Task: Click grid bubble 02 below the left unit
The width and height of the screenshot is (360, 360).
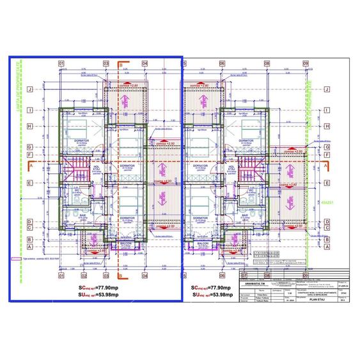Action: (x=84, y=276)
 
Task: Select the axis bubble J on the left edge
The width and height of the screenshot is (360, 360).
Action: (x=29, y=90)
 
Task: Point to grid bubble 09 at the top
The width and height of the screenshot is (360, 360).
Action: (x=306, y=63)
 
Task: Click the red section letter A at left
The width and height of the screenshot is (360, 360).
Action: (x=29, y=164)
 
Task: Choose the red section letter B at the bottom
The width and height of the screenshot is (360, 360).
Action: (x=120, y=276)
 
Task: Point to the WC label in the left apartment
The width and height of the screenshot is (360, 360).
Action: (x=76, y=191)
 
